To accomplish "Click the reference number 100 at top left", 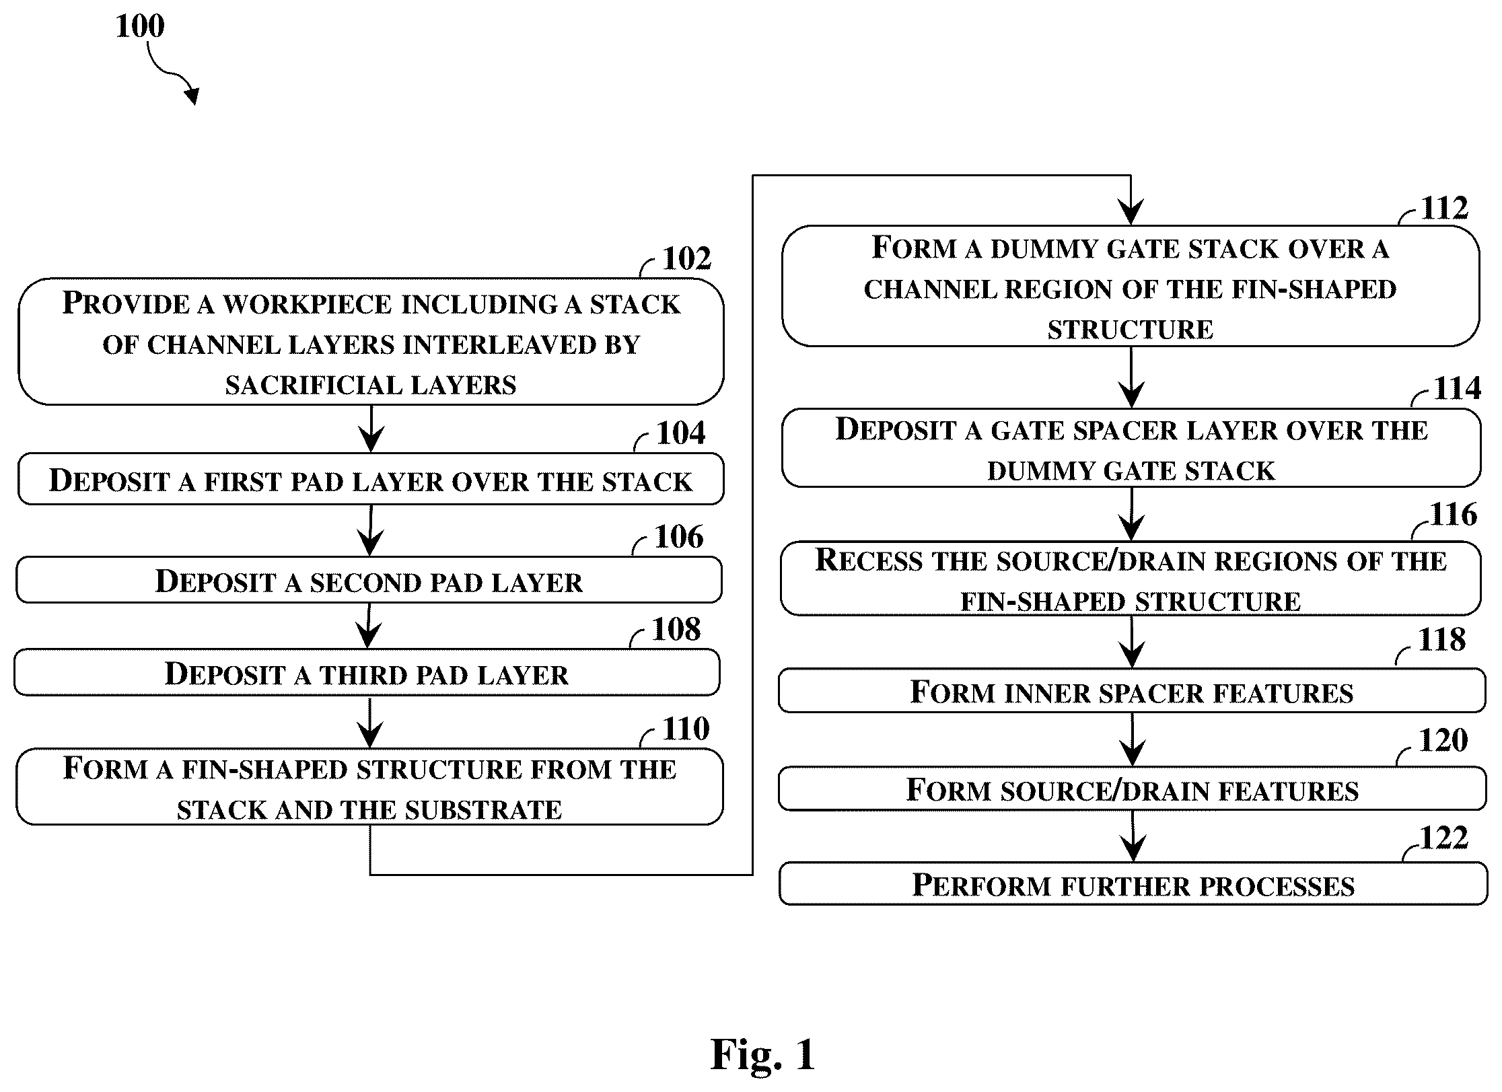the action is tap(140, 26).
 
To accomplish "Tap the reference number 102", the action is tap(686, 258).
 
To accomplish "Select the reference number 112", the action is tap(1444, 208).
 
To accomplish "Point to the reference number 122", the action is tap(1444, 838).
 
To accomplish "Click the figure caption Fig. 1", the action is tap(762, 1054).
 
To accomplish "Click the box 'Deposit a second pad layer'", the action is tap(369, 580).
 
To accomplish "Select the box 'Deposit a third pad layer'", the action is tap(367, 673).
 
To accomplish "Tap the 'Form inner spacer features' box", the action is tap(1132, 690).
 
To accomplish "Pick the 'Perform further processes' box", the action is tap(1133, 884).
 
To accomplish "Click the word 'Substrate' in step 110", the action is tap(483, 810).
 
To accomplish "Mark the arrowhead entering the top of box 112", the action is tap(1131, 213).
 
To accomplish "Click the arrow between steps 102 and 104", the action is tap(371, 429).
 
